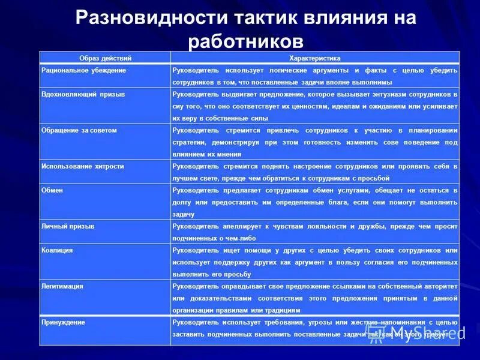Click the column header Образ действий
tap(105, 58)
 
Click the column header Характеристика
tap(315, 58)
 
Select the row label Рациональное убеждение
tap(84, 70)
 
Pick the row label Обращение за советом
tap(79, 130)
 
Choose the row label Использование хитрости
tap(82, 166)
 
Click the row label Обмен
tap(52, 190)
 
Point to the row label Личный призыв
tap(68, 226)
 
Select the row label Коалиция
tap(57, 250)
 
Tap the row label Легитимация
tap(62, 286)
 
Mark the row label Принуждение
tap(63, 322)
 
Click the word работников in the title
tap(245, 41)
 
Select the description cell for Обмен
tap(314, 202)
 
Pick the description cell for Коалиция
tap(314, 262)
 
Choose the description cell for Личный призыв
tap(314, 232)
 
